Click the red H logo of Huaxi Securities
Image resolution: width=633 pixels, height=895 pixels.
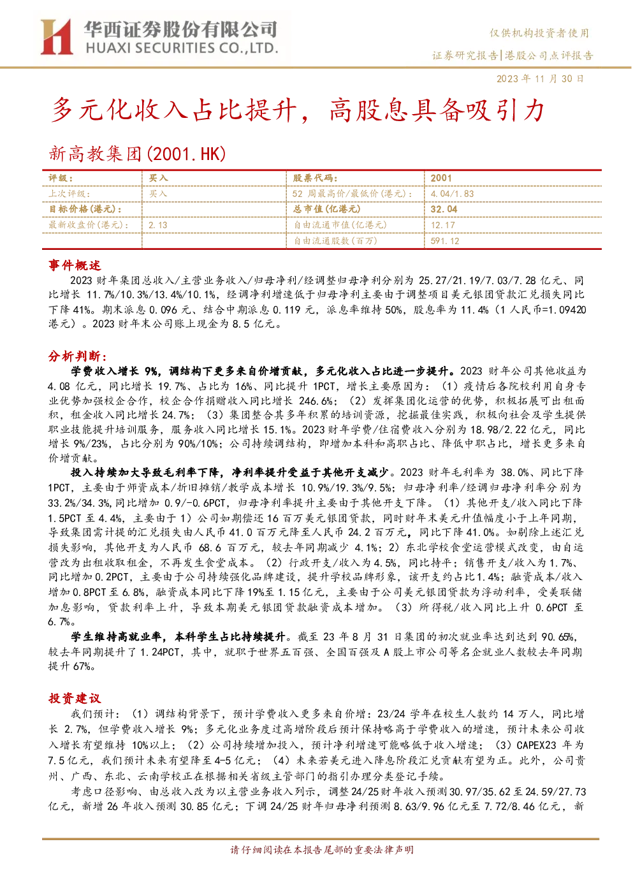[x=56, y=36]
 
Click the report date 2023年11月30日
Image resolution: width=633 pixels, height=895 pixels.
[x=540, y=78]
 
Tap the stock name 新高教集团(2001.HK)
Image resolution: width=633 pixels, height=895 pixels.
[x=138, y=154]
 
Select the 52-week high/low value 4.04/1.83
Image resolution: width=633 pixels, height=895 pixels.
[x=452, y=194]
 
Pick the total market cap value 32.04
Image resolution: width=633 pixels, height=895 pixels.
[x=444, y=209]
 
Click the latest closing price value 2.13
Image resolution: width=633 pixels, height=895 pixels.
[x=158, y=225]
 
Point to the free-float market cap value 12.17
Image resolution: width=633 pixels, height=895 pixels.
[x=443, y=225]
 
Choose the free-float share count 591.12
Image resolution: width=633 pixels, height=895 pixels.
[x=445, y=241]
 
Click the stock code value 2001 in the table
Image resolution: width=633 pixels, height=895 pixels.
[x=440, y=178]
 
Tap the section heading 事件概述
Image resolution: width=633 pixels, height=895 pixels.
[x=75, y=265]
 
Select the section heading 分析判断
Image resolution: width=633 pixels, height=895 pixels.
[x=78, y=356]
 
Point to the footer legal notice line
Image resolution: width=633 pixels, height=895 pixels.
[x=322, y=850]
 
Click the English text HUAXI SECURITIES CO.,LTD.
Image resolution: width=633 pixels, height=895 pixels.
[x=182, y=48]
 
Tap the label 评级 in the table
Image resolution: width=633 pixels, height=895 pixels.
[x=61, y=178]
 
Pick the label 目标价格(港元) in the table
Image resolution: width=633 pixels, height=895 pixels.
[x=85, y=209]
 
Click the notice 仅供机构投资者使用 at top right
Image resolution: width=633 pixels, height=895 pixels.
[x=539, y=33]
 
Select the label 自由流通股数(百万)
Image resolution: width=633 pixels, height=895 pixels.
[x=335, y=241]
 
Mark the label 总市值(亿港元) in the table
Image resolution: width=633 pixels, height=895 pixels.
[x=326, y=209]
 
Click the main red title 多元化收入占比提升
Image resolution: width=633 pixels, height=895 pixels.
[x=174, y=110]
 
